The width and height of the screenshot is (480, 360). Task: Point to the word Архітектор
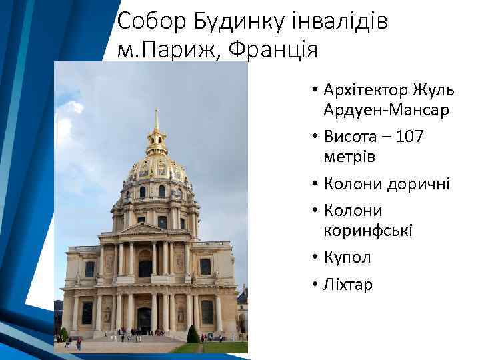pos(363,90)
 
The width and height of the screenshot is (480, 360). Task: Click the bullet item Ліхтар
pos(348,285)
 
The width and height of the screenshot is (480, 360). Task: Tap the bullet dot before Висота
pos(313,137)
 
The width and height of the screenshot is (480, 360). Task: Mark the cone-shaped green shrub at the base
pos(193,334)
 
